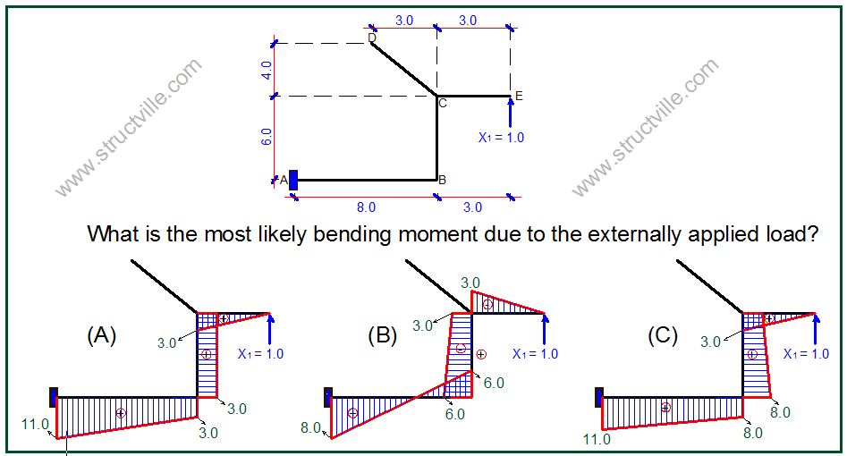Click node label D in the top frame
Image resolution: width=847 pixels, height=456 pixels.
(x=371, y=37)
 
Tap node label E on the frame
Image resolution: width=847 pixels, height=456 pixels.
(x=519, y=96)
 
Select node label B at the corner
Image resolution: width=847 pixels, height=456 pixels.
(x=442, y=180)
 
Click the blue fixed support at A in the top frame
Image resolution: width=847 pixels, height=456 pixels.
(x=292, y=179)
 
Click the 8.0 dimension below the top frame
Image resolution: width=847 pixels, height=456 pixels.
(x=367, y=207)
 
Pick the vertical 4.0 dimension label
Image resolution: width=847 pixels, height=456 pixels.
(x=267, y=70)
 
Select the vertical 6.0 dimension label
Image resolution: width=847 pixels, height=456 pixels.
(x=267, y=138)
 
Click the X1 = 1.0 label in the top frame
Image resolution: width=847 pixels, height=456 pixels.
(x=501, y=138)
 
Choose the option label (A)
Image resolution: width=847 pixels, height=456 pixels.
(x=102, y=335)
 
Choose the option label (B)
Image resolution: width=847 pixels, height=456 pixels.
(x=382, y=336)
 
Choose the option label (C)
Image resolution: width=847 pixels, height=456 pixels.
(x=663, y=335)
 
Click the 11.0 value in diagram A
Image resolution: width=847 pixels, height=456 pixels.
(x=35, y=425)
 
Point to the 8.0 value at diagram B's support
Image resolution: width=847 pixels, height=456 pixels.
(x=310, y=427)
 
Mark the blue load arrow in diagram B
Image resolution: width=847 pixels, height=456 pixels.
(x=545, y=328)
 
